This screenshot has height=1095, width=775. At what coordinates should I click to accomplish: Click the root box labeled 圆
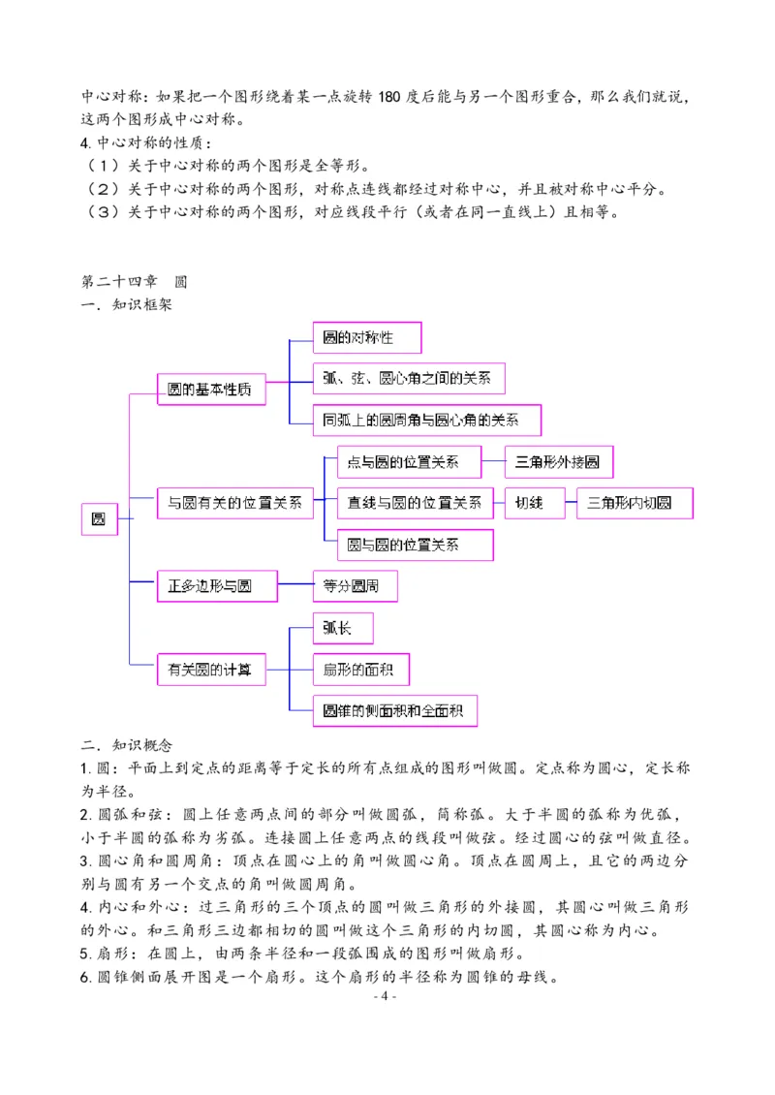pos(99,519)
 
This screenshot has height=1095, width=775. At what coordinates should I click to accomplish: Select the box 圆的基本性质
pos(211,390)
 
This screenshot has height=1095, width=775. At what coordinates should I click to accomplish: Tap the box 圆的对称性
pos(368,338)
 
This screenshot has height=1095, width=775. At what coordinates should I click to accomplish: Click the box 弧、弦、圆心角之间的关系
pos(408,379)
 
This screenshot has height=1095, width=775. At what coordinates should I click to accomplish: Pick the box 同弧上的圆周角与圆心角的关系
pos(426,420)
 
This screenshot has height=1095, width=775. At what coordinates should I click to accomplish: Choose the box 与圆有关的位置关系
pos(235,503)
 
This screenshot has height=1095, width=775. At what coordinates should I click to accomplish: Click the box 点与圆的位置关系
pos(409,462)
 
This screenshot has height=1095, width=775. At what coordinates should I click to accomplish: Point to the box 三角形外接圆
pos(559,462)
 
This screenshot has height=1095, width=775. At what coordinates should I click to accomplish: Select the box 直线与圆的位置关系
pos(415,503)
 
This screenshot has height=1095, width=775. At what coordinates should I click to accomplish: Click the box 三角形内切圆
pos(635,503)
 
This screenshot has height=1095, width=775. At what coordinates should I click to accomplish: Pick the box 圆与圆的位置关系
pos(415,545)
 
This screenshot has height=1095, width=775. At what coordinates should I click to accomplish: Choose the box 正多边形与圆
pos(217,586)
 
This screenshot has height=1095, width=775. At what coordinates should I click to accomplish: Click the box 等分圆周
pos(355,586)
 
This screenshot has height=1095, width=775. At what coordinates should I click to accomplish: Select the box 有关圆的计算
pos(211,669)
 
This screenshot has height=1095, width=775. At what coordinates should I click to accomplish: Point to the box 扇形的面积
pos(360,669)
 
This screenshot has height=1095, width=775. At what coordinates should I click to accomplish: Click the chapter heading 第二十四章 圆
pos(134,282)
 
